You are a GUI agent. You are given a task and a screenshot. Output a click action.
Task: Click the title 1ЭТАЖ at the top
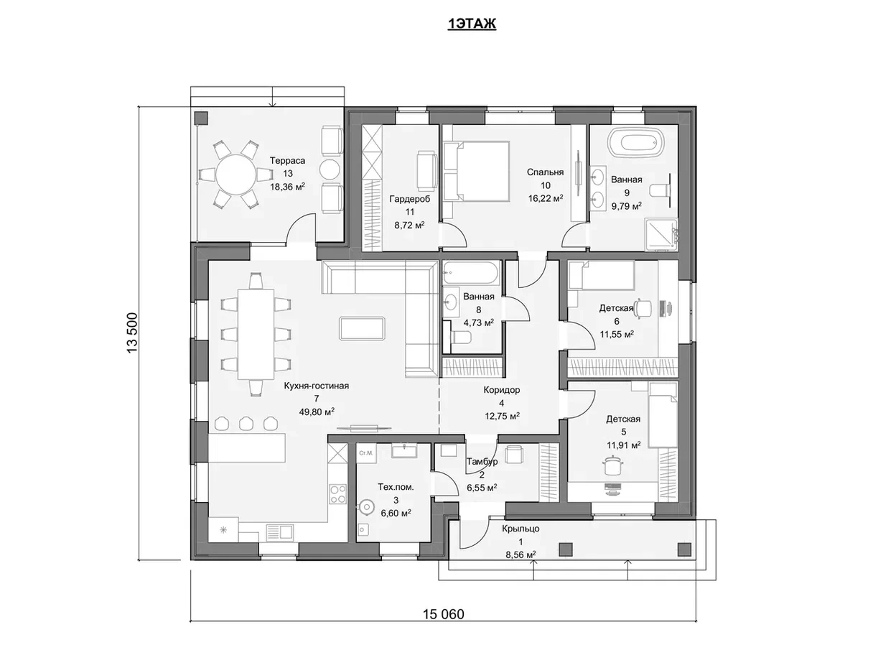coord(472,24)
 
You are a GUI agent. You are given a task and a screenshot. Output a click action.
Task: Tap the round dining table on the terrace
coord(235,174)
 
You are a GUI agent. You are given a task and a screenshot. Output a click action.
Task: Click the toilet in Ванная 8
coord(461,338)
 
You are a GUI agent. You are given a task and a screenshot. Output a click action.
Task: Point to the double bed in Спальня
coord(477,170)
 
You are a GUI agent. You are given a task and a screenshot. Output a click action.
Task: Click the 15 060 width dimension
coord(443,614)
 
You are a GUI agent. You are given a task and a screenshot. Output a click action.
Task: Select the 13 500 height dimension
coord(132,333)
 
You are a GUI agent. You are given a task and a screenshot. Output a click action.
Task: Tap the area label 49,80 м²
coord(317,412)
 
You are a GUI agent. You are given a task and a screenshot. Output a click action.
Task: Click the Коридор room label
coord(502,390)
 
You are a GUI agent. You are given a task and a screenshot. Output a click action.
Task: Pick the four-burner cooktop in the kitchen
coord(337,493)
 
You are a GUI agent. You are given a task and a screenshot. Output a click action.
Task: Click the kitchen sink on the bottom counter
coord(279,531)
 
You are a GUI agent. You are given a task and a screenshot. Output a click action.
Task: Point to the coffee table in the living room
coord(362,328)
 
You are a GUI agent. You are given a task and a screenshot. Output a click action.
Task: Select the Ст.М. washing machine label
coord(365,453)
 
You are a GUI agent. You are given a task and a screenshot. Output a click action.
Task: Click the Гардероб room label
coord(410,199)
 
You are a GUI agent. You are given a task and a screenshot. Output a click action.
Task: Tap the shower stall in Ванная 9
coord(661,235)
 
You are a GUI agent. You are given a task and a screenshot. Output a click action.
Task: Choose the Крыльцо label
coord(520,529)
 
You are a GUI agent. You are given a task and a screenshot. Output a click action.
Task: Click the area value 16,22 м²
coord(546,198)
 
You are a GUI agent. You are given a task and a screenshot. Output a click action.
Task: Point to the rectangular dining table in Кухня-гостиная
coord(256,334)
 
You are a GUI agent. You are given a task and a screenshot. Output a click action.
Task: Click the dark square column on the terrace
coord(201,118)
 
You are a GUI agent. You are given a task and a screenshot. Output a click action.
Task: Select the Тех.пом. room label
coord(396,487)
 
